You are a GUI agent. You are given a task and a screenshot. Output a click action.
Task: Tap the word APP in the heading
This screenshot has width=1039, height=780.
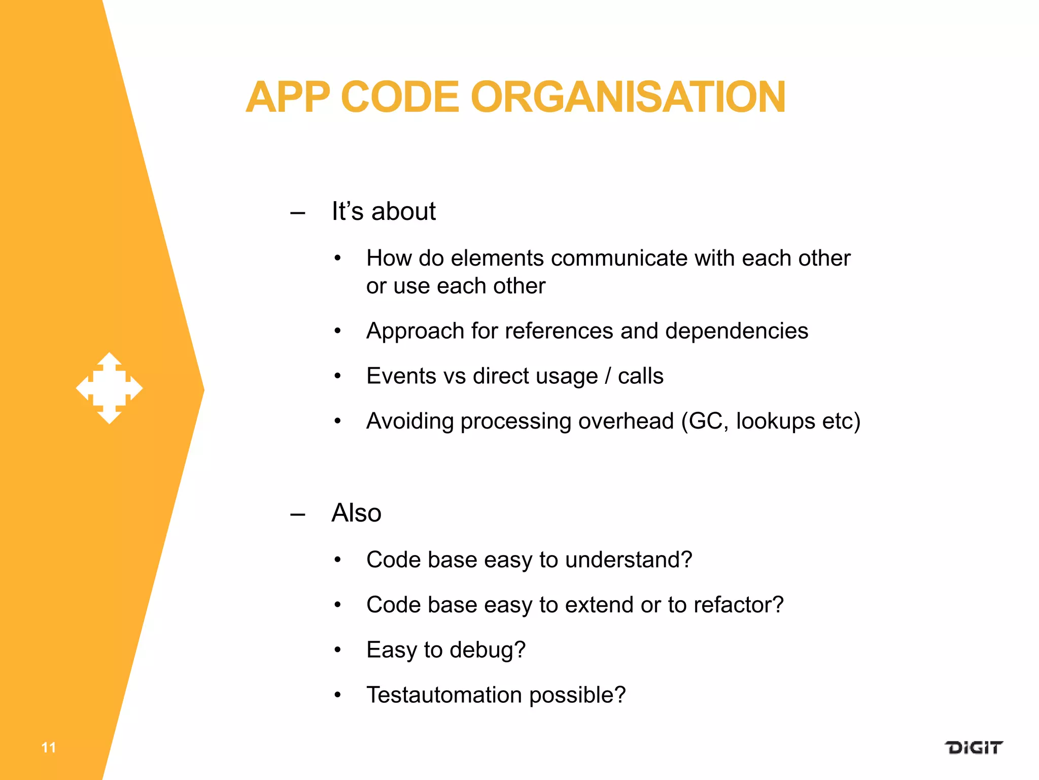[x=288, y=97]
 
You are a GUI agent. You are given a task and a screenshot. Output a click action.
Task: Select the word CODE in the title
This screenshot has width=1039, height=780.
[x=400, y=97]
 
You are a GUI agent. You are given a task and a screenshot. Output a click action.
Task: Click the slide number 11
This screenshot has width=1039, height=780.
[x=49, y=747]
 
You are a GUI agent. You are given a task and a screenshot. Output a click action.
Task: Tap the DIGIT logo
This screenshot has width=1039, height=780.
[x=973, y=747]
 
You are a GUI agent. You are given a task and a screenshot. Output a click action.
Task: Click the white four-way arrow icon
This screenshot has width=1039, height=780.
[x=110, y=388]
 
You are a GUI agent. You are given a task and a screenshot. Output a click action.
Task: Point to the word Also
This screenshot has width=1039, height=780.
[x=356, y=513]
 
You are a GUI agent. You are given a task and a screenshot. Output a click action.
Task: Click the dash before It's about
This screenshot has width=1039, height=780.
[x=298, y=213]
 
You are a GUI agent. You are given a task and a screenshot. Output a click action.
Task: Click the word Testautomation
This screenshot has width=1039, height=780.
[x=444, y=695]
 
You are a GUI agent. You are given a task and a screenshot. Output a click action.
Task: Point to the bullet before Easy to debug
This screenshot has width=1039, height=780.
[x=338, y=649]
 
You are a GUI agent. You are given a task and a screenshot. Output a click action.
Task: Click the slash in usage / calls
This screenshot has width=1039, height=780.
[x=608, y=376]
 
